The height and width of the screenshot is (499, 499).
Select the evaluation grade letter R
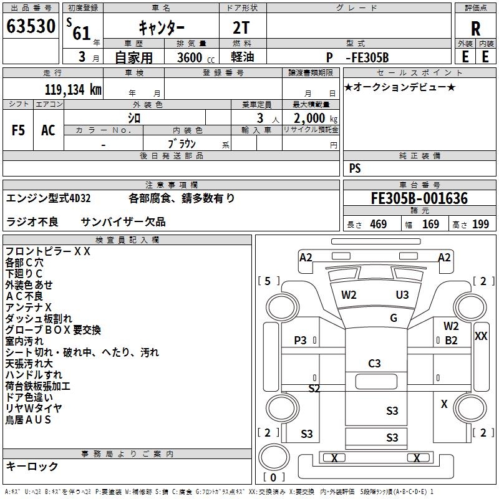click(475, 29)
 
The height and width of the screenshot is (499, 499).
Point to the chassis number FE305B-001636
click(419, 198)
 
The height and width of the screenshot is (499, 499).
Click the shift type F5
click(18, 130)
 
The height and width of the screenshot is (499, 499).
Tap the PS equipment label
click(355, 168)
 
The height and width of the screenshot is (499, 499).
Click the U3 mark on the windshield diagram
click(402, 294)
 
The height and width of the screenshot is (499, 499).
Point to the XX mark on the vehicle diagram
click(481, 336)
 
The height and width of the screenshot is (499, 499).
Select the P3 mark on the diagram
click(300, 340)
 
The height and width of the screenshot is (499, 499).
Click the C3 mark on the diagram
click(374, 364)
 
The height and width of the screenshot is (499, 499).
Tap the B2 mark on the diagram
click(451, 341)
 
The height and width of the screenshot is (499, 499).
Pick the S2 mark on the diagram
click(314, 389)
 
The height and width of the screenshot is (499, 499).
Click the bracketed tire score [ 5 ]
click(268, 281)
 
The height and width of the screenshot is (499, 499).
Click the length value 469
click(378, 225)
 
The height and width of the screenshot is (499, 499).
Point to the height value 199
click(480, 225)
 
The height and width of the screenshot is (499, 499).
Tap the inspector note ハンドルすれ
click(34, 375)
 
